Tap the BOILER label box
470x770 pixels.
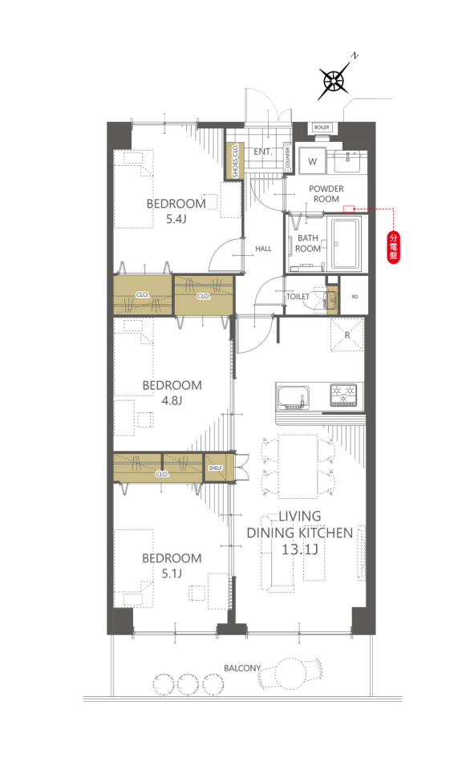click(322, 128)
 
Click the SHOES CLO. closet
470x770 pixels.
click(235, 160)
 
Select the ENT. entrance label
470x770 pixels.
click(263, 152)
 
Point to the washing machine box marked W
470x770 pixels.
click(312, 160)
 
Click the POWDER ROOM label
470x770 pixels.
click(326, 193)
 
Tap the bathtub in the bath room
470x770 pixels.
click(346, 243)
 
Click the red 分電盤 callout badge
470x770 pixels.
click(393, 246)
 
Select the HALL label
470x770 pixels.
click(263, 249)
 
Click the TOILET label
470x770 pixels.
click(298, 297)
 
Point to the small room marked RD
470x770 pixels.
click(355, 296)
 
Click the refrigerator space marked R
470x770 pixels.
click(346, 335)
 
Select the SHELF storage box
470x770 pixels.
click(216, 468)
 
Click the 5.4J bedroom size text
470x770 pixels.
click(176, 219)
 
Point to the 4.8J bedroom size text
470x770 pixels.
click(172, 401)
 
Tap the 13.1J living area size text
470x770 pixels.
click(300, 549)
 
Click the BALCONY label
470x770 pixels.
click(242, 668)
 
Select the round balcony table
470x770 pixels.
click(290, 674)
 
